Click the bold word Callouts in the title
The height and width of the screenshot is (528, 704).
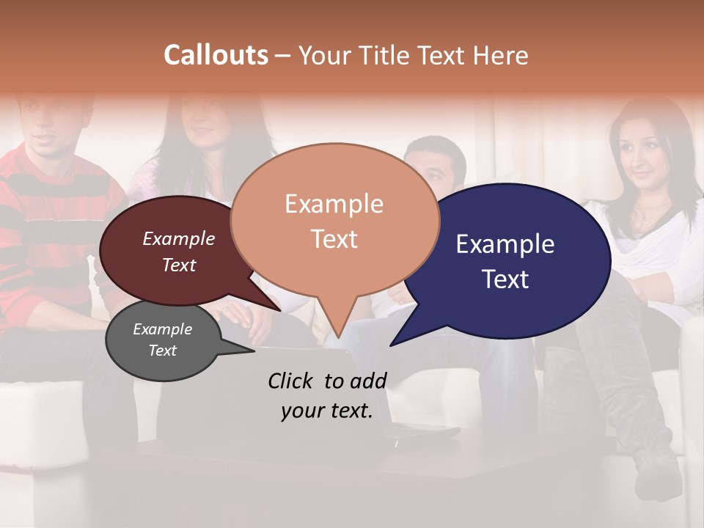pos(216,55)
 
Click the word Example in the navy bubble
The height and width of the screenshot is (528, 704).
pos(505,244)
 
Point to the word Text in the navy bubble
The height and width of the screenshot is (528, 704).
pos(506,279)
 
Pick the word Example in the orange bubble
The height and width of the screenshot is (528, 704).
pos(334,204)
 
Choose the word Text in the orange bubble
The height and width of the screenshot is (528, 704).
pos(334,239)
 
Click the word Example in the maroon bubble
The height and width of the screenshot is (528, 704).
pos(179,238)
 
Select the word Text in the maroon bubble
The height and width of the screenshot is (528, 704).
pos(179,265)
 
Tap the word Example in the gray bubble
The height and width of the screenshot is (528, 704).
pos(163,329)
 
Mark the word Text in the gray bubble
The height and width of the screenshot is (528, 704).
pos(163,351)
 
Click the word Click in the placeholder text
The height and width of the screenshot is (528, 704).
pos(292,381)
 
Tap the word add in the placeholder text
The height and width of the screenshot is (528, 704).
pos(369,381)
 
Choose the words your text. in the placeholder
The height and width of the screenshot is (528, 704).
pos(327,411)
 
